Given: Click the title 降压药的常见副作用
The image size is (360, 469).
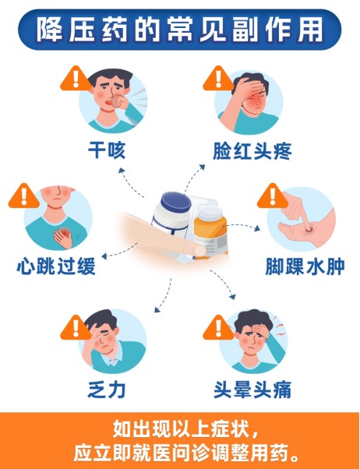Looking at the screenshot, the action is (179, 30).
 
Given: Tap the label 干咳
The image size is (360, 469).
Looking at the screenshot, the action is (107, 150).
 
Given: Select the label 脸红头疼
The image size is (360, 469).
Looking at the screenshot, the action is (252, 151).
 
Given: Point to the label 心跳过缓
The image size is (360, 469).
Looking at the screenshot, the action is (56, 266).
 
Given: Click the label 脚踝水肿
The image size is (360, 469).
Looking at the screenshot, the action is (305, 266).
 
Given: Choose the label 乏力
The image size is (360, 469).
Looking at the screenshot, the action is (107, 390).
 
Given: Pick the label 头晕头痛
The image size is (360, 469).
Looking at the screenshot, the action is (252, 390).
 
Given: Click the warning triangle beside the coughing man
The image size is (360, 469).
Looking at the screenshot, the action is (76, 79).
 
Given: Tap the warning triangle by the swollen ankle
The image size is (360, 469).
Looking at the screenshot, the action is (272, 196).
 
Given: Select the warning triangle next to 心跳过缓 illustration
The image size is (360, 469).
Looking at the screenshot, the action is (24, 196).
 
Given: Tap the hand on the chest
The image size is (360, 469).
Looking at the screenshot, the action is (63, 237).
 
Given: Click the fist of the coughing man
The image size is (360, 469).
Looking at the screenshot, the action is (120, 101).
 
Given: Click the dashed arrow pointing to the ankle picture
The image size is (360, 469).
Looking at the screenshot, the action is (242, 226).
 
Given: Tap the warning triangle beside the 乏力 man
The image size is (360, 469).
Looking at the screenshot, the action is (76, 328).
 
